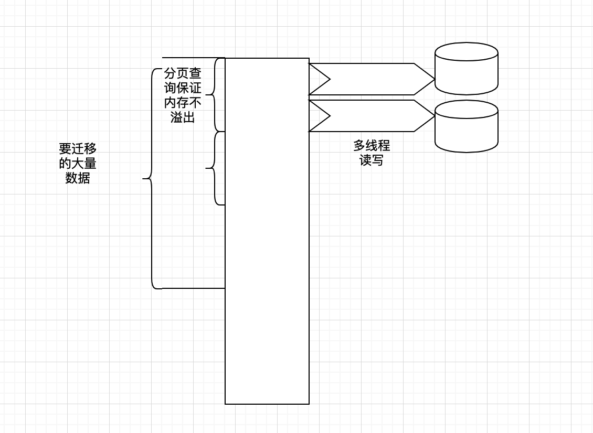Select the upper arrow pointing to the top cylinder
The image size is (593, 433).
(x=373, y=79)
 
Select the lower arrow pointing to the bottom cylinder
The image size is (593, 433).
(x=373, y=116)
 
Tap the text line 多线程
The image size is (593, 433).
(x=372, y=146)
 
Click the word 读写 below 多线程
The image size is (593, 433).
(x=372, y=160)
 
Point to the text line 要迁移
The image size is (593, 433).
(x=78, y=149)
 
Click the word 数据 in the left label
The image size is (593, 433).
(x=78, y=178)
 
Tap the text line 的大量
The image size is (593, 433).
(x=78, y=164)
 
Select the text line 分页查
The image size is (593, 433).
(x=183, y=73)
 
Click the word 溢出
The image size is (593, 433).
(x=183, y=117)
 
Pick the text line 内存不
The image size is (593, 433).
(x=183, y=103)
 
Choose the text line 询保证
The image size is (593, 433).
(x=183, y=88)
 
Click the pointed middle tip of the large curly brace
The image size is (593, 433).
(x=144, y=179)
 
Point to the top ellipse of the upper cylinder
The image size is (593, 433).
(x=466, y=52)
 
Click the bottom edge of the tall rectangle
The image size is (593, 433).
(x=267, y=404)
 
